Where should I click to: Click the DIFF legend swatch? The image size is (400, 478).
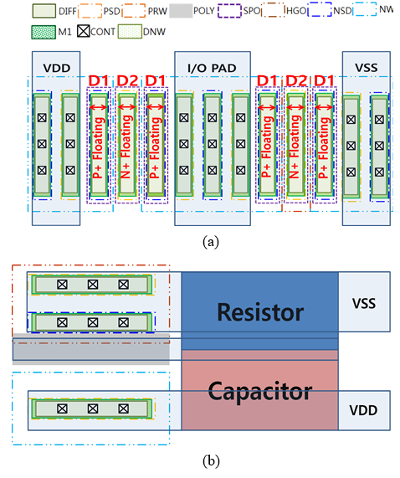44,11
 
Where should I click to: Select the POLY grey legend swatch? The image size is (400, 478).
181,11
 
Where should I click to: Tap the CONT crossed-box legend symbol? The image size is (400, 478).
83,32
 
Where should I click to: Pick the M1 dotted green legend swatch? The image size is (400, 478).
44,32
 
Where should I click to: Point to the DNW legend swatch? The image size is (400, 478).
130,32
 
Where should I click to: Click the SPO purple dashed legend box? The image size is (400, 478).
229,11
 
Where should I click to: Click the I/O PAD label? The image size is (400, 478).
212,68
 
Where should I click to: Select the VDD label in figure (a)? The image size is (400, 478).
57,68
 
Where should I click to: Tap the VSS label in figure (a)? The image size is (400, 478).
367,68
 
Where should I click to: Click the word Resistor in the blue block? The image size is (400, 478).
260,312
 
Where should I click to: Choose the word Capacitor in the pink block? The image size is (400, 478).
260,391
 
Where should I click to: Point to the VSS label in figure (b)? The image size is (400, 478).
364,303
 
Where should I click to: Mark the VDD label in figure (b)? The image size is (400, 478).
363,410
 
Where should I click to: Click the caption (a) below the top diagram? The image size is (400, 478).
211,242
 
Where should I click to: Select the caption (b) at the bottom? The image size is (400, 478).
211,461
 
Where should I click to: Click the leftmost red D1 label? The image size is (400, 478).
99,81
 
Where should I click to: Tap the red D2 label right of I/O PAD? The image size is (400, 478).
296,81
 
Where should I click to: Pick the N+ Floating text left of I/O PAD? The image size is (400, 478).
126,147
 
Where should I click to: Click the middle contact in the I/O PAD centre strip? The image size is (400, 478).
213,144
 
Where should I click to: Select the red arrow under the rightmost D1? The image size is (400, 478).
324,107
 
